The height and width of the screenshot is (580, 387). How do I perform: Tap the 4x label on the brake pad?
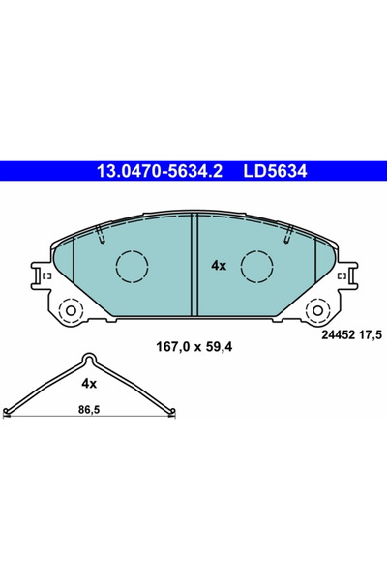(x=218, y=264)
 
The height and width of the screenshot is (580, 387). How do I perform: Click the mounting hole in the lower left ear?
(x=70, y=312)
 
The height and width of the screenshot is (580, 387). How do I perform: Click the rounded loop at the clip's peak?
(x=89, y=357)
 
